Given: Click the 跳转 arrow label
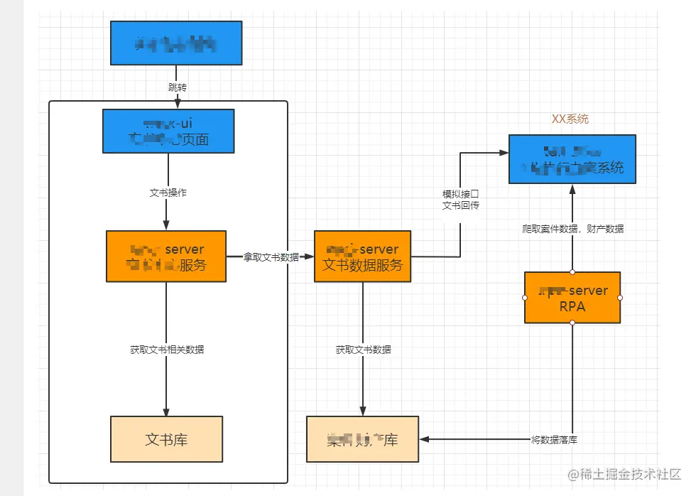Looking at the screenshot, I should [x=178, y=87].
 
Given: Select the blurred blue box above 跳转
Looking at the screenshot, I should [x=176, y=43].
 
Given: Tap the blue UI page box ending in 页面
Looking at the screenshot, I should [x=168, y=131].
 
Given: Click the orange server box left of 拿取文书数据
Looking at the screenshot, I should [x=165, y=257].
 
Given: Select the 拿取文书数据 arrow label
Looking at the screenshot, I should [x=271, y=257].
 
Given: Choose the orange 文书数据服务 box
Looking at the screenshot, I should [x=362, y=257].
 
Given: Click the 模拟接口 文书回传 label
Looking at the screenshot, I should [x=460, y=199].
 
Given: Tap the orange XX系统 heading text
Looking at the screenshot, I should [x=570, y=119].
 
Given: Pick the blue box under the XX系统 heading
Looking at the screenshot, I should [x=572, y=158].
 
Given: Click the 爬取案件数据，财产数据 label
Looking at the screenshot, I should [x=572, y=229].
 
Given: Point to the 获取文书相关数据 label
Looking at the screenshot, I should [x=167, y=350].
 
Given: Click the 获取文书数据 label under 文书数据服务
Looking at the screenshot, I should [x=363, y=350].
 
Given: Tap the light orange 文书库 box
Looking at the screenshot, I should [x=166, y=439].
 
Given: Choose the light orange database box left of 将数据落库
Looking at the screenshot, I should [x=362, y=439].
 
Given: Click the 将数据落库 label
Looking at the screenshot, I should [x=554, y=440].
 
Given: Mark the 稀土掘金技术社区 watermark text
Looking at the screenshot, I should [x=624, y=474].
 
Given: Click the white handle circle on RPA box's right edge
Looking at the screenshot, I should [x=620, y=298].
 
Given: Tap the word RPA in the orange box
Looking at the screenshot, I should [x=572, y=306].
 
